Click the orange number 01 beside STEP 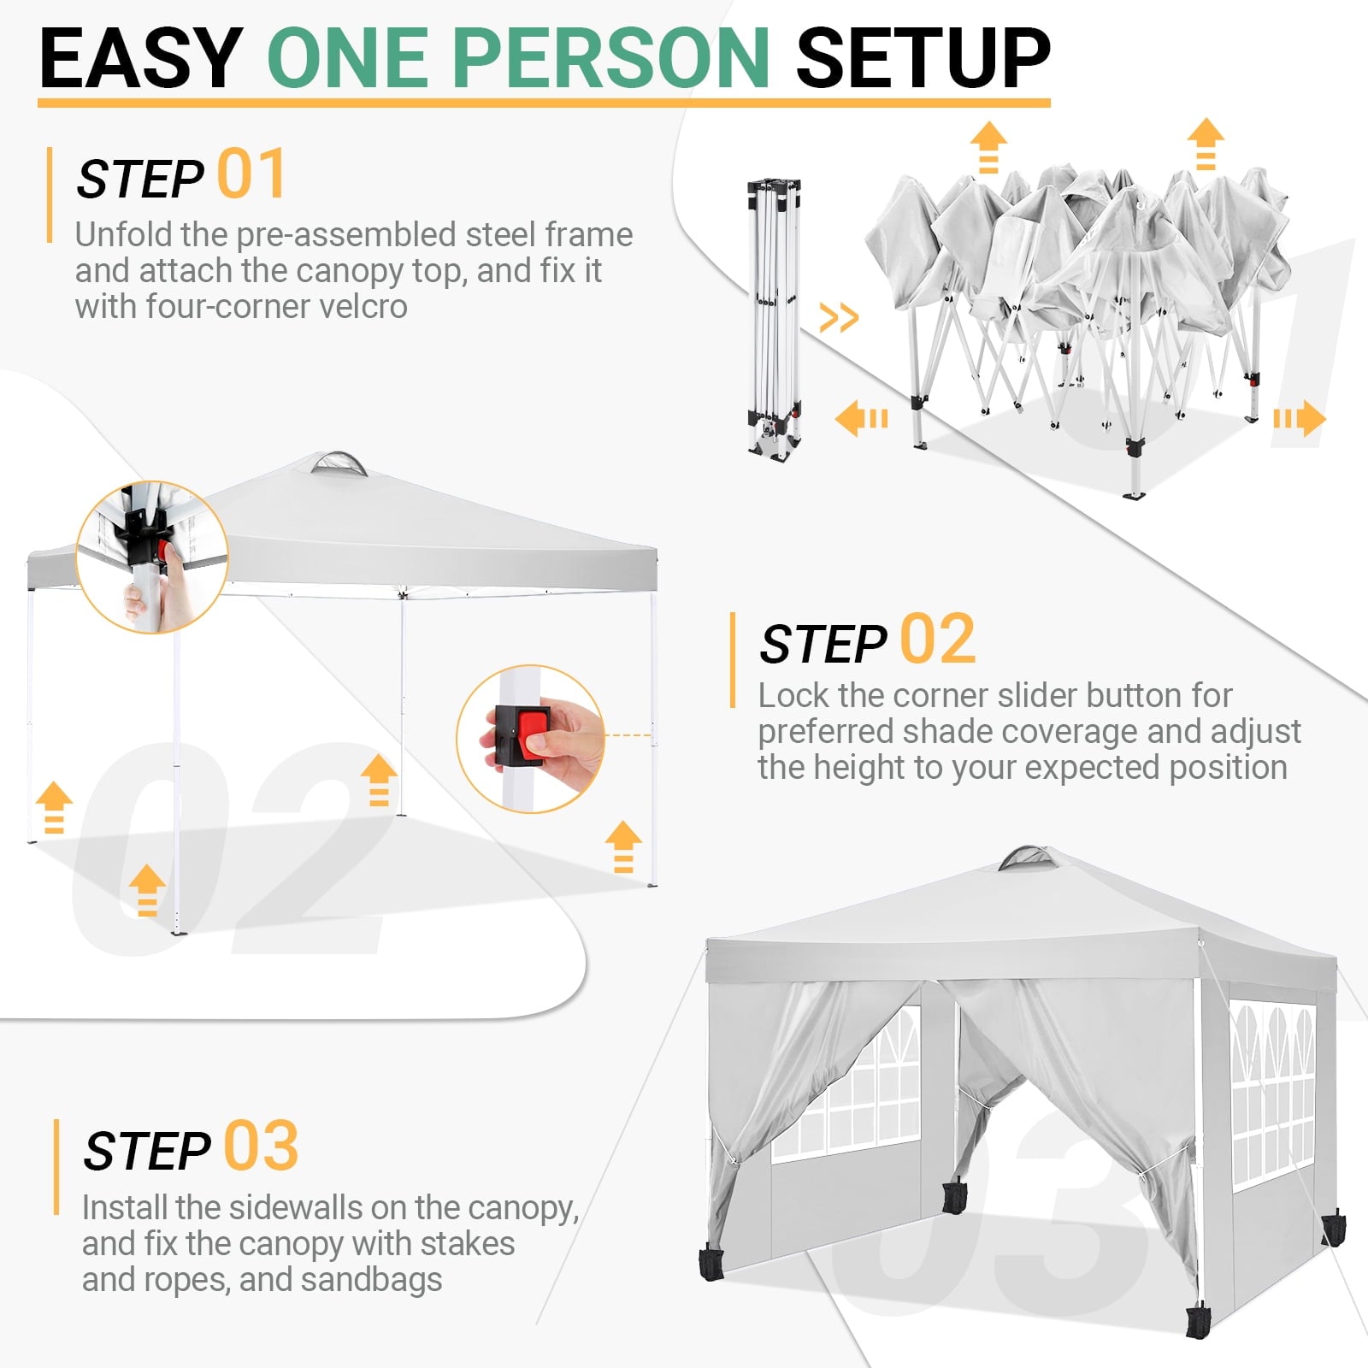coord(251,174)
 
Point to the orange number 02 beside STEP coord(937,640)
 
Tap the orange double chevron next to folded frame coord(838,318)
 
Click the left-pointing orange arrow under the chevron coord(861,419)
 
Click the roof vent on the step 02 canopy coord(339,463)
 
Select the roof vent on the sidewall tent coord(1026,858)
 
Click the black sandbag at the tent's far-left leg coord(711,1264)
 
